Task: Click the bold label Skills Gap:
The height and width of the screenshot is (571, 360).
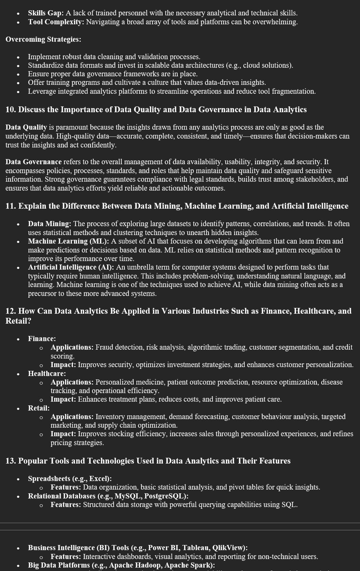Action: [46, 13]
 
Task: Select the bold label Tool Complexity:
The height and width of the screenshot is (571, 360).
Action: [56, 22]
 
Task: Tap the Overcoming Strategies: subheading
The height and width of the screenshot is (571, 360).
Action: [43, 39]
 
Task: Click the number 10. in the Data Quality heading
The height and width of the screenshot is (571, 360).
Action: [11, 109]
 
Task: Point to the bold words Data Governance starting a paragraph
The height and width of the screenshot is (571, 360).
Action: [34, 162]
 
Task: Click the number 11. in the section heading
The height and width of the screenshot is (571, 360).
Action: [11, 206]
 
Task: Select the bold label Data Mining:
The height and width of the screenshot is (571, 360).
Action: [49, 224]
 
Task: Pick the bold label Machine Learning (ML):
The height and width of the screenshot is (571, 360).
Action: [68, 241]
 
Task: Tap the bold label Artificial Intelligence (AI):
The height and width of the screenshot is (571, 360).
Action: [71, 267]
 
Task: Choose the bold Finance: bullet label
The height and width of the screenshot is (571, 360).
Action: [42, 339]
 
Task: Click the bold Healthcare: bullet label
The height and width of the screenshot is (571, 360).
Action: [47, 373]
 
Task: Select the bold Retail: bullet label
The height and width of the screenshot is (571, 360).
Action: [39, 408]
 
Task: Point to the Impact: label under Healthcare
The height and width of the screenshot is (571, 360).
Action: [63, 399]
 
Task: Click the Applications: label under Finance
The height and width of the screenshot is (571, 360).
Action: [72, 347]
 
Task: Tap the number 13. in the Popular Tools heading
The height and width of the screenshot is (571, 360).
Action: [11, 461]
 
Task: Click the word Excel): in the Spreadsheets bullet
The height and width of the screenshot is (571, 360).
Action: [101, 479]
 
